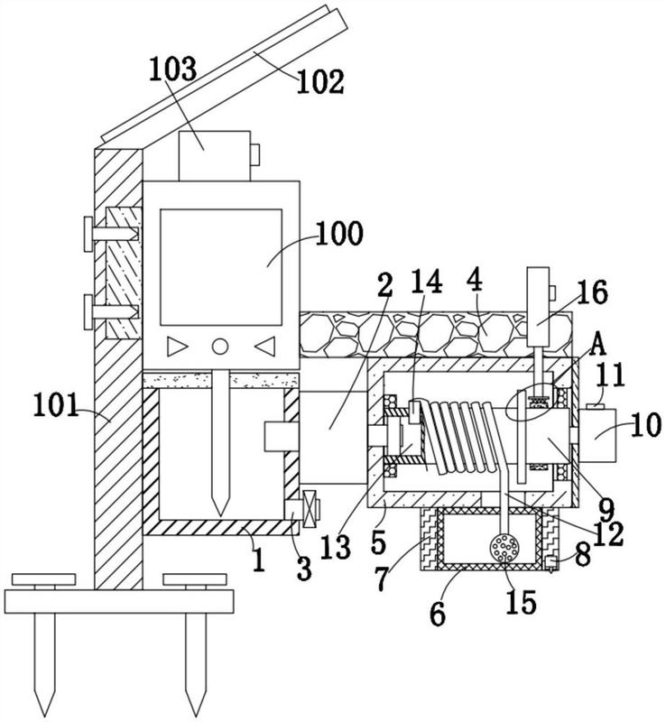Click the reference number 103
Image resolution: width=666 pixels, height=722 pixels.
172,70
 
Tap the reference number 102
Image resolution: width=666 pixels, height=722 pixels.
320,82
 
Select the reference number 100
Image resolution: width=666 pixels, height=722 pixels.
340,233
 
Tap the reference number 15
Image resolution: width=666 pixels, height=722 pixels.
521,601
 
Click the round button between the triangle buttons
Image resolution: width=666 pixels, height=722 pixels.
219,347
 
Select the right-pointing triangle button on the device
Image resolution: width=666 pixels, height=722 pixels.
177,347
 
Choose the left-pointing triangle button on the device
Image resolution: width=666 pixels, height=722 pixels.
265,347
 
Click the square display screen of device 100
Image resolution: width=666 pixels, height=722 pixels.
221,267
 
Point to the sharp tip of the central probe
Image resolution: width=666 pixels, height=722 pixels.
220,515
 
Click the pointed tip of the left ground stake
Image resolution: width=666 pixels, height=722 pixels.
45,716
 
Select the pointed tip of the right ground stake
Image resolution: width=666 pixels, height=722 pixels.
196,716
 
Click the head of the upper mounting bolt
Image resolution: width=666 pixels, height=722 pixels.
88,235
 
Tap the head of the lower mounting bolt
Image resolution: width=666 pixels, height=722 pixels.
88,312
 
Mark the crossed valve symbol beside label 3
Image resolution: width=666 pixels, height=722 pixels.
311,508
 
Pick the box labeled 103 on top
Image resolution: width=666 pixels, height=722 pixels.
215,155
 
